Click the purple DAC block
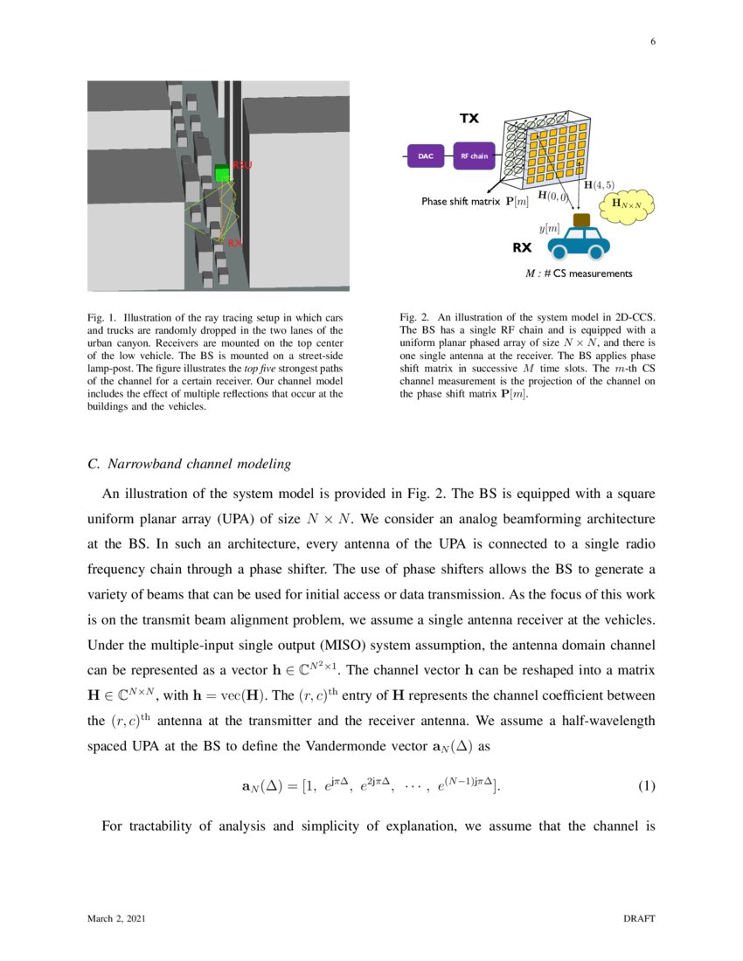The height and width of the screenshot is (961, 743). [425, 156]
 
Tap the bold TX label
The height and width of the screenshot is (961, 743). [469, 119]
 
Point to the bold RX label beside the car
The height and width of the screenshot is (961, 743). [521, 247]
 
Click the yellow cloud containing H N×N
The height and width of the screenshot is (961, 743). [628, 204]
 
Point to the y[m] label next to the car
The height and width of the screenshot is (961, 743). [549, 228]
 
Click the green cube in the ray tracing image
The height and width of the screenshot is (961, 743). [221, 174]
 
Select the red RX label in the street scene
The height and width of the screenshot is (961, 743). [234, 243]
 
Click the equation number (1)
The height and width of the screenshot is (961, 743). [646, 785]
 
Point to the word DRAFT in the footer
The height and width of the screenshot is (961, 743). [637, 919]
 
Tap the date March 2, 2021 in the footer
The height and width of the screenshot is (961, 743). [116, 919]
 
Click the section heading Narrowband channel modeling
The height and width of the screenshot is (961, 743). [190, 462]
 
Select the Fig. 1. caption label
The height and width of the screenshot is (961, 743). [102, 317]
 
